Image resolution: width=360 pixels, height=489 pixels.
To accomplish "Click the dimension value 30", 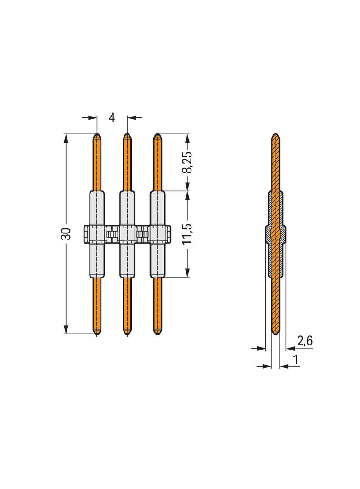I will pos(67,233).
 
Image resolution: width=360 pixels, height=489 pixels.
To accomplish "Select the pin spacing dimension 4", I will pos(112,118).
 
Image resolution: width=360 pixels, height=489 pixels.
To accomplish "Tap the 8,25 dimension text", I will pos(187,162).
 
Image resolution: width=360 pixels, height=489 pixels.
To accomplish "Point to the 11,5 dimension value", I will pos(187,234).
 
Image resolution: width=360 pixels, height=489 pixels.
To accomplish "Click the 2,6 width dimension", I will pos(305,340).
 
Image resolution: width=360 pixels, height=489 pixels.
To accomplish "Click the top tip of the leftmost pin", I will pos(97,135).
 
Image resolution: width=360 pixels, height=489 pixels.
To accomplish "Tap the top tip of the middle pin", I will pos(127,135).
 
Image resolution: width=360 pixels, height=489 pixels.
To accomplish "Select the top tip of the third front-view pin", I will pos(157,135).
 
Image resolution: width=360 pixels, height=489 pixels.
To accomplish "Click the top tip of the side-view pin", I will pos(276,135).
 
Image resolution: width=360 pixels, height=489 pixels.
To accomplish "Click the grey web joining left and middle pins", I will pos(112,234).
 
